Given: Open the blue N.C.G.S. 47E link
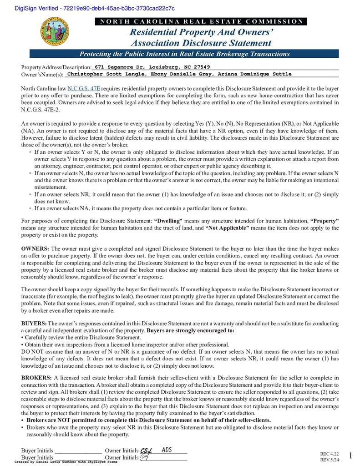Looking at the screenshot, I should point(84,88).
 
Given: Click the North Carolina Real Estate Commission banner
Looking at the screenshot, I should point(201,21).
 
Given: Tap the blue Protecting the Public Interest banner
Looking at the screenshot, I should point(184,54).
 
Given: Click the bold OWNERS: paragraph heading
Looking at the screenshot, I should point(35,249).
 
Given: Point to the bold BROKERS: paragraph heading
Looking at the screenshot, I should point(36,378).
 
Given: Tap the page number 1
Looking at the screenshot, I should point(350,456).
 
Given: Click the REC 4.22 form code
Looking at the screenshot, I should point(330,454).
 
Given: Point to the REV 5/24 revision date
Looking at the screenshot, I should point(330,460).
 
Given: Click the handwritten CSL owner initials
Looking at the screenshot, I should point(147,450).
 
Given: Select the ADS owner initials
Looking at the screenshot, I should point(167,450).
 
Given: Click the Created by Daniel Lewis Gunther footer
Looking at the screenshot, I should point(66,461).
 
